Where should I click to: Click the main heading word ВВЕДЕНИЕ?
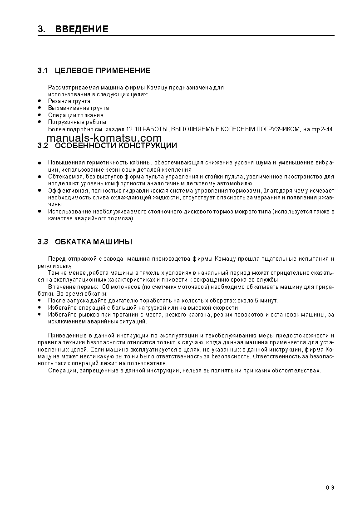[82, 30]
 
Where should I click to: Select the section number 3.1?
[43, 70]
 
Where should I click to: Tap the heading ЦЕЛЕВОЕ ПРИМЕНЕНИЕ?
[103, 70]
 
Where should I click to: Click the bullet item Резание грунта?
[69, 101]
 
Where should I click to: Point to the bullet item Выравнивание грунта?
[78, 108]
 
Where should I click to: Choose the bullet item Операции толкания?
[75, 115]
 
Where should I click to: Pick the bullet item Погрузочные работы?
[77, 122]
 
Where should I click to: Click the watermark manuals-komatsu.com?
[104, 138]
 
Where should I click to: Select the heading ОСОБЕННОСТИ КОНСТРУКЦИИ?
[116, 146]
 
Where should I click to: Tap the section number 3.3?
[43, 241]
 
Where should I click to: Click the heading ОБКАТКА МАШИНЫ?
[94, 241]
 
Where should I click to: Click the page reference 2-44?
[327, 129]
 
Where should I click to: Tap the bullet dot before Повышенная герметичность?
[39, 163]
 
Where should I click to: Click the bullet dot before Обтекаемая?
[39, 176]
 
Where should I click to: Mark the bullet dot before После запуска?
[39, 301]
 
